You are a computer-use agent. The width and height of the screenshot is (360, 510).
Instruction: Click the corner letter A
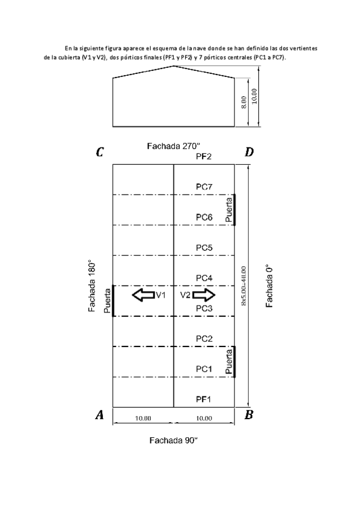[100, 415]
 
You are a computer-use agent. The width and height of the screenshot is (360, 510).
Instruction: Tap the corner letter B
[249, 415]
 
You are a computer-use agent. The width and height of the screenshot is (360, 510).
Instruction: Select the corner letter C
[100, 152]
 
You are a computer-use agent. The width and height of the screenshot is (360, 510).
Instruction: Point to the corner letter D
[249, 152]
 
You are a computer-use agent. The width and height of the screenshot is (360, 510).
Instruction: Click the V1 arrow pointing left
[143, 295]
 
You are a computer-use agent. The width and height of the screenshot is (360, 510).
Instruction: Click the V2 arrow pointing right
[204, 295]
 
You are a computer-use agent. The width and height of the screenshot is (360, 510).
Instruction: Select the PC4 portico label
[204, 278]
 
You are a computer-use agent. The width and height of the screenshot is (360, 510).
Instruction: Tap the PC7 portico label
[204, 186]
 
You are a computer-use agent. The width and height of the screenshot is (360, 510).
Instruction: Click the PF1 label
[204, 399]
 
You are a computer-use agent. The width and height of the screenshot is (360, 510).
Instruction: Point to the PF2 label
[204, 156]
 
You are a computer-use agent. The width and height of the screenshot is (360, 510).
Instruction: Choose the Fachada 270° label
[174, 146]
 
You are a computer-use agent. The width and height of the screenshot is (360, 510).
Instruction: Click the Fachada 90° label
[174, 440]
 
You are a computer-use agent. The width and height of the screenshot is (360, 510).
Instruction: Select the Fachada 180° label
[93, 286]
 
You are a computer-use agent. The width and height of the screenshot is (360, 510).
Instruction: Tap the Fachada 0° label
[269, 286]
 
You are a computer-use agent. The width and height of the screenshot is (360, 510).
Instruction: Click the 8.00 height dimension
[245, 102]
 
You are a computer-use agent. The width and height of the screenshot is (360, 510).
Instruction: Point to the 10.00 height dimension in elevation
[254, 96]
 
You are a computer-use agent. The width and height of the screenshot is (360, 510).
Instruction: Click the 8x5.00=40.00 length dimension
[243, 286]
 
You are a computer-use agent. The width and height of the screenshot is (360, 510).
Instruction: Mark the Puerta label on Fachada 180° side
[107, 301]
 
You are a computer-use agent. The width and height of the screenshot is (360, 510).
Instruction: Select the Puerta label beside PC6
[230, 210]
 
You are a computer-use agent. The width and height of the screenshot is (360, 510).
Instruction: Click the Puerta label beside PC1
[230, 361]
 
